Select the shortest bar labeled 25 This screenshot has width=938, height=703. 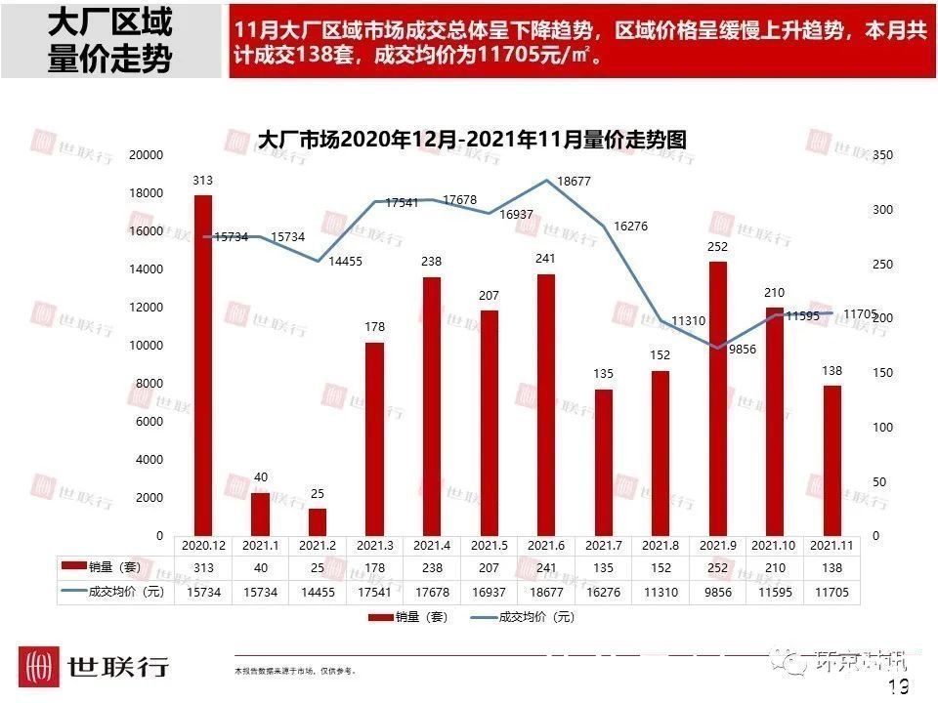[317, 521]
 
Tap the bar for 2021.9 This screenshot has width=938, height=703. [717, 398]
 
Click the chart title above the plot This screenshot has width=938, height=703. [471, 140]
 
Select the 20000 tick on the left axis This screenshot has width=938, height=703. [147, 155]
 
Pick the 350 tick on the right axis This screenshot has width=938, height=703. [881, 155]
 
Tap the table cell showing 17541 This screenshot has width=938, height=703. [374, 592]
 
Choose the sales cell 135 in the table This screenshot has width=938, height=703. [603, 568]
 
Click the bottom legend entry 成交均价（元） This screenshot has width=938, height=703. [523, 617]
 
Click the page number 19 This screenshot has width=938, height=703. [899, 687]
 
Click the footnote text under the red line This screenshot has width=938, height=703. [295, 672]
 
